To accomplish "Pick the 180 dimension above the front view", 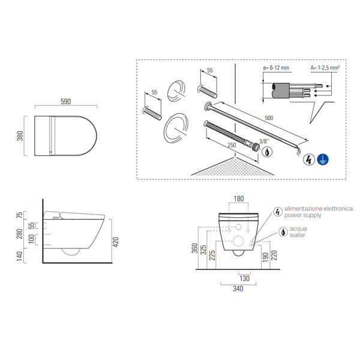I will click(x=239, y=199).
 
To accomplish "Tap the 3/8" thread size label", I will click(x=262, y=141).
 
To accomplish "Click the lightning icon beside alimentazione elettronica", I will click(x=277, y=212).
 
